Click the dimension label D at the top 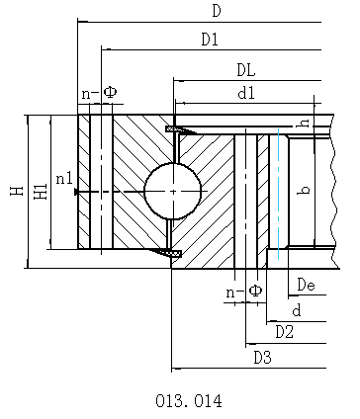point(217,11)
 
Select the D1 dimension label point(210,40)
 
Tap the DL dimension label point(246,70)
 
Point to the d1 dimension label point(246,94)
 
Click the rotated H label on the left point(17,191)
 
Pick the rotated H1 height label point(41,192)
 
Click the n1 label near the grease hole point(64,179)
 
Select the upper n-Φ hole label point(99,93)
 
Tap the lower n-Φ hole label point(244,291)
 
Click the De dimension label point(306,285)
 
